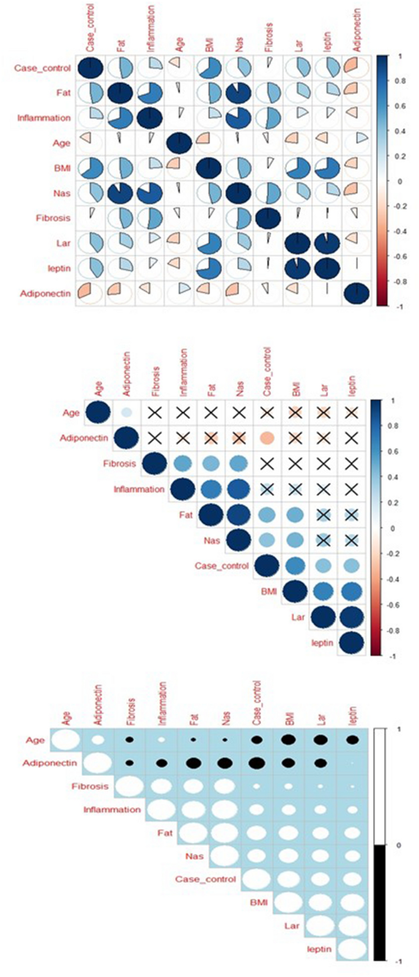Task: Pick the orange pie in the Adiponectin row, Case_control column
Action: tap(90, 293)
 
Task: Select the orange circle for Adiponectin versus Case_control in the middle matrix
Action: tap(266, 438)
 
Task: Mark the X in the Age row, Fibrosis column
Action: tap(152, 413)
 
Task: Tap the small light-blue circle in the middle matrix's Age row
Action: tap(126, 413)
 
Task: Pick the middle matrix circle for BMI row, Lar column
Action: tap(324, 591)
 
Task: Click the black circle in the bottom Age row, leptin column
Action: tap(352, 740)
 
